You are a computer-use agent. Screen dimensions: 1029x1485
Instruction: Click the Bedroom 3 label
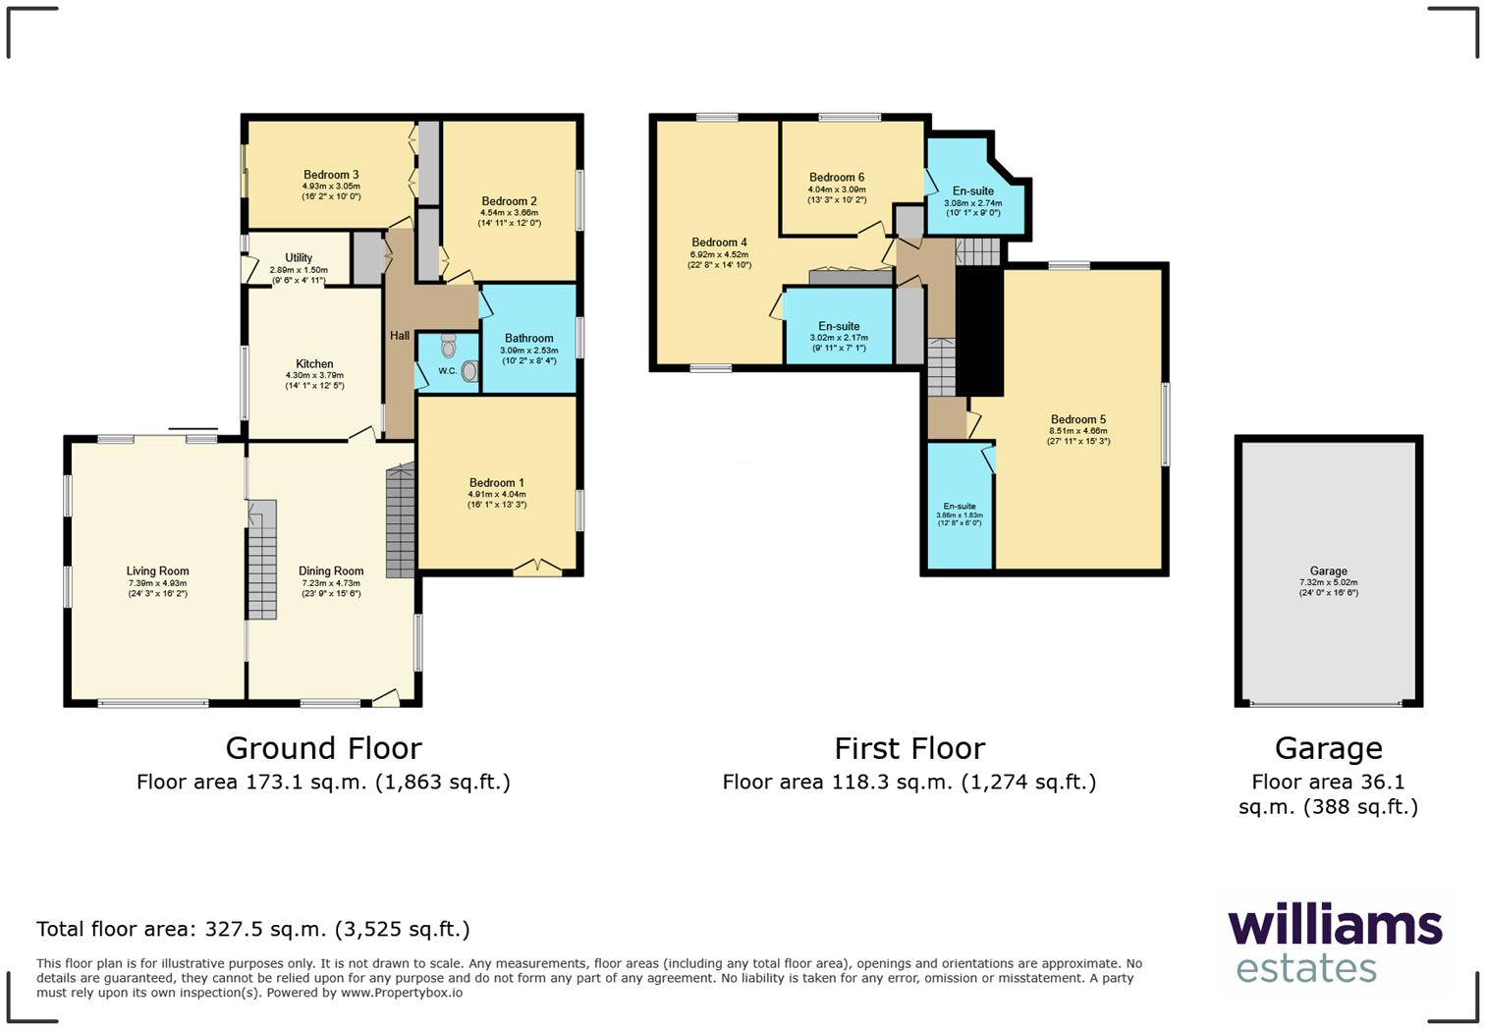click(331, 175)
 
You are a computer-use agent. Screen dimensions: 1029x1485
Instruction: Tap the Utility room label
click(299, 258)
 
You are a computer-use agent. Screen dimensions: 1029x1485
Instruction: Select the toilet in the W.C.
click(449, 346)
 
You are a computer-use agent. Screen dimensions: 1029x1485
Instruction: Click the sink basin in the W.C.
click(469, 371)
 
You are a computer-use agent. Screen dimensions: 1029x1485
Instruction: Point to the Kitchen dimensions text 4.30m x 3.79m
click(314, 375)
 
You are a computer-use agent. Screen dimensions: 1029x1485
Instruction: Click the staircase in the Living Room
click(260, 560)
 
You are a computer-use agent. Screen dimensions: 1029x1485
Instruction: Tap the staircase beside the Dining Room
click(400, 521)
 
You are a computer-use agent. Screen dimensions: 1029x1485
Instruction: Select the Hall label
click(400, 336)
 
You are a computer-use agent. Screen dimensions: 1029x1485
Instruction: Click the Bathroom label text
click(528, 338)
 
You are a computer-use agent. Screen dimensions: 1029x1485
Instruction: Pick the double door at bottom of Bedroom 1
click(538, 567)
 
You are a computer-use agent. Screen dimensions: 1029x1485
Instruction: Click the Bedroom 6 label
click(837, 178)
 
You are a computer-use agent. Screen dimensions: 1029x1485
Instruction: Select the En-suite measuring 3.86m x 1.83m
click(960, 507)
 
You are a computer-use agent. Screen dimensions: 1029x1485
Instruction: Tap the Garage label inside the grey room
click(1328, 570)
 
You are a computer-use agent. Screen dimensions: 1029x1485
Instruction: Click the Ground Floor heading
click(323, 748)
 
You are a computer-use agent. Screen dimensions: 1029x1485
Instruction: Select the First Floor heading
click(909, 748)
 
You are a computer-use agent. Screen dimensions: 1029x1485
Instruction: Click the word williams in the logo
click(1335, 926)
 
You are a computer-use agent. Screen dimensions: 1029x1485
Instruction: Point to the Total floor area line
click(252, 929)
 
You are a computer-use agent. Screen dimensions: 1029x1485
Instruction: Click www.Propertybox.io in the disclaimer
click(402, 993)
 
